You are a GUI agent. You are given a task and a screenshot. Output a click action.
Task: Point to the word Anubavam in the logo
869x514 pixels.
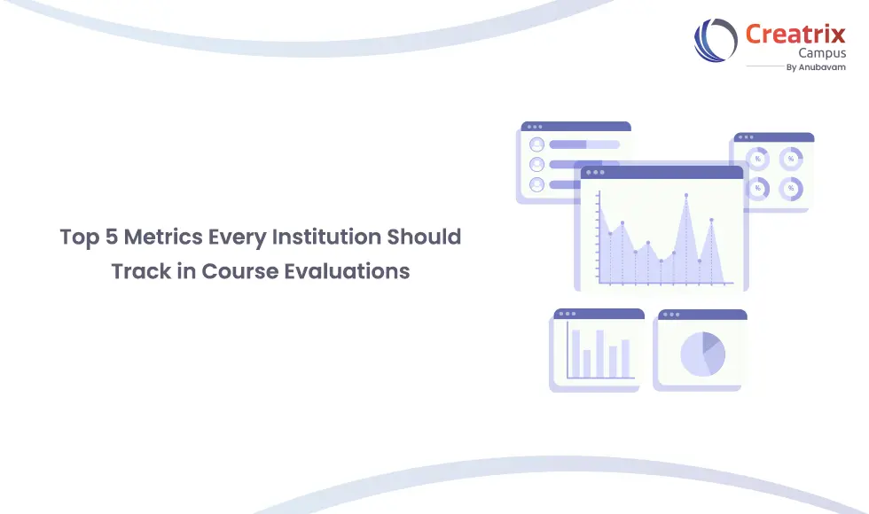[823, 66]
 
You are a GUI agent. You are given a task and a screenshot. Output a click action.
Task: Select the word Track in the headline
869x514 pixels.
[140, 271]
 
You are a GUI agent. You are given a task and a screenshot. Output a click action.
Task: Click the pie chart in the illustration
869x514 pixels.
[702, 354]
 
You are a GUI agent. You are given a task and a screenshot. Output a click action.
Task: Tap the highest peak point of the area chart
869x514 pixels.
[685, 195]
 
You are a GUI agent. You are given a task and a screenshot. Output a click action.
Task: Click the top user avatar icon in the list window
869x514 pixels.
[536, 144]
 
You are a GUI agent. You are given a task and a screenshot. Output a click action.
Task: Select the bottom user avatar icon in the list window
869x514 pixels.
[536, 184]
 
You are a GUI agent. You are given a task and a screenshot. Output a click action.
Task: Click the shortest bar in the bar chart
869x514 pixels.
[587, 363]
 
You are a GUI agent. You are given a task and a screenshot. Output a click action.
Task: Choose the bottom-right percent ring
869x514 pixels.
[790, 188]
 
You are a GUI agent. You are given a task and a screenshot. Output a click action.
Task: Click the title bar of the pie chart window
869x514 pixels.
[701, 315]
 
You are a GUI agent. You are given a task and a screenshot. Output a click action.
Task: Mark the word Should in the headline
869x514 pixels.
[427, 238]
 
